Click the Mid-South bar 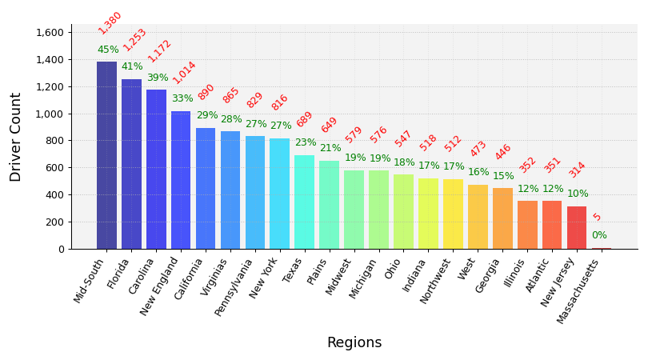106,155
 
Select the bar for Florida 131,164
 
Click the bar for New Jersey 577,227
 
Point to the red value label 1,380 110,22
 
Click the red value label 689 305,119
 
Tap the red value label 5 597,217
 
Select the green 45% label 108,50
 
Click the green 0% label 599,235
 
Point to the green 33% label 182,98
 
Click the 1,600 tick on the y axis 50,32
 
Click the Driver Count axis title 16,137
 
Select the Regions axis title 354,342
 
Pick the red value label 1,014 184,72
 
